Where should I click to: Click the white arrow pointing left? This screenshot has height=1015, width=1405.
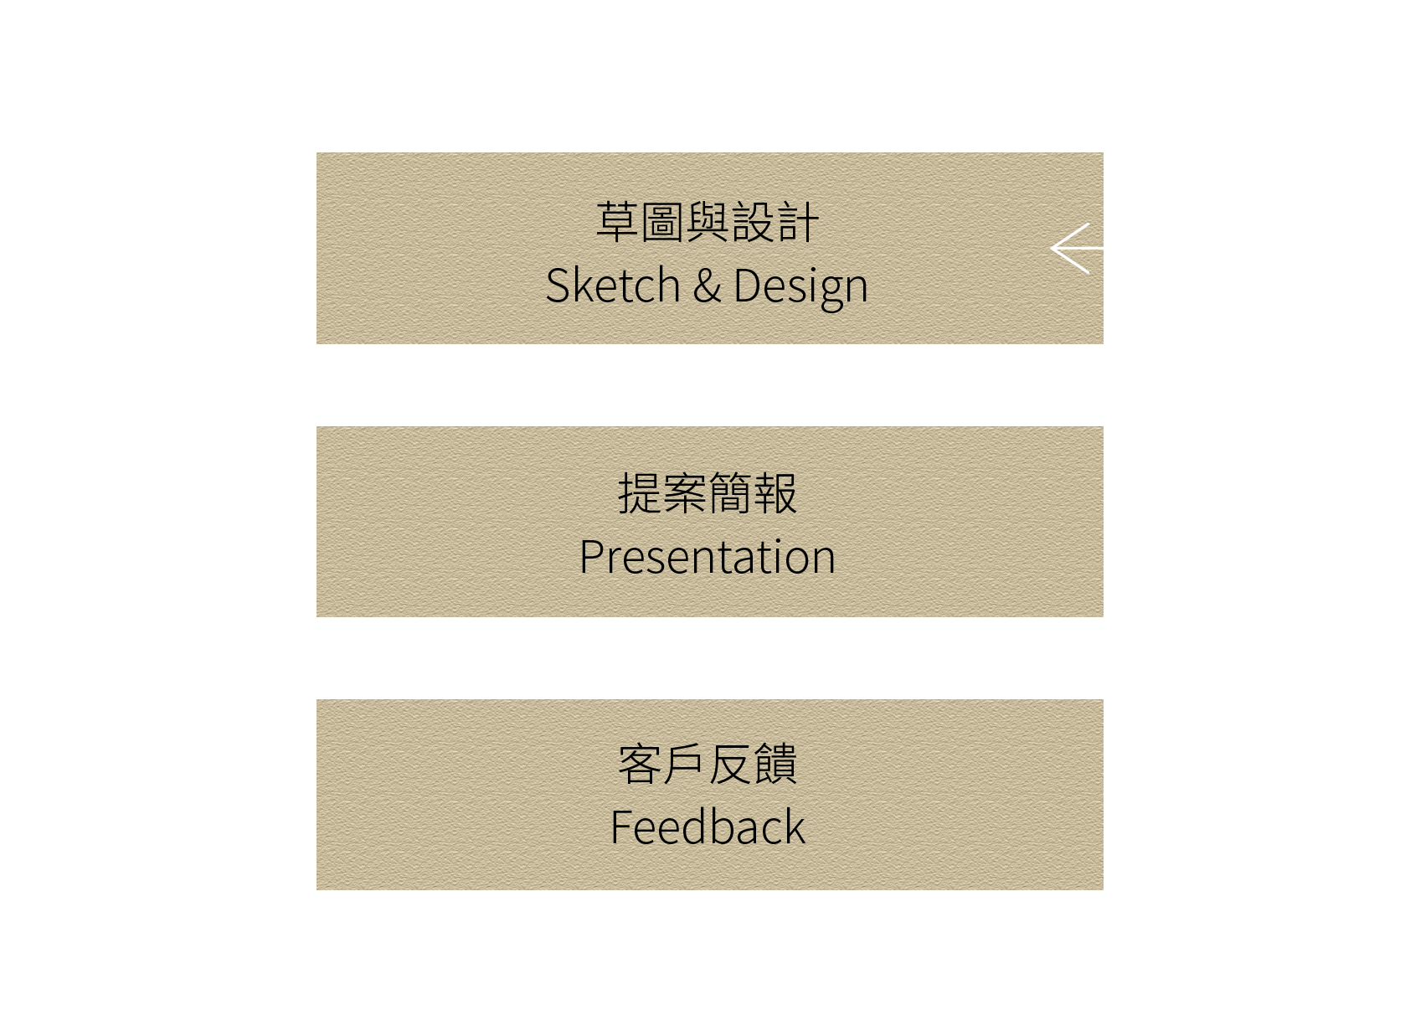point(1075,249)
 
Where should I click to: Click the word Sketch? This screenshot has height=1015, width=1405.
point(612,286)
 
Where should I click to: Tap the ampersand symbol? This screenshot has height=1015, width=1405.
point(707,286)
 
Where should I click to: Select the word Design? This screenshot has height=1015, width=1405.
point(800,287)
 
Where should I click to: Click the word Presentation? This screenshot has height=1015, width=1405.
point(708,557)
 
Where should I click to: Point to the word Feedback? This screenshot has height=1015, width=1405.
point(708,827)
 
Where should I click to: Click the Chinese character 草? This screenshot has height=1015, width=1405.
point(618,223)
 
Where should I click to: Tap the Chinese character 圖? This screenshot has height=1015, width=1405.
point(662,223)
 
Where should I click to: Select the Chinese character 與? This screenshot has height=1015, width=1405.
point(708,223)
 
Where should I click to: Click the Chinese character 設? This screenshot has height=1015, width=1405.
point(753,223)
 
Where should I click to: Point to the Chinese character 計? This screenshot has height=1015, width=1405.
point(797,223)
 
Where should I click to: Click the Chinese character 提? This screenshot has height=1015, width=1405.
point(640,493)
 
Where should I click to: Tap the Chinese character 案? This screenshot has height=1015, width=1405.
point(685,493)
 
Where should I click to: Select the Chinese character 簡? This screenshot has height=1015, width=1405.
point(730,493)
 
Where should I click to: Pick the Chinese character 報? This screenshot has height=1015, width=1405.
point(775,493)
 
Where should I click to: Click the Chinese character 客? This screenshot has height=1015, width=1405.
point(640,765)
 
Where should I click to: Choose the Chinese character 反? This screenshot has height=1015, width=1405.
point(730,765)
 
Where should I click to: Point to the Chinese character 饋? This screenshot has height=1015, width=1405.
point(775,765)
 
